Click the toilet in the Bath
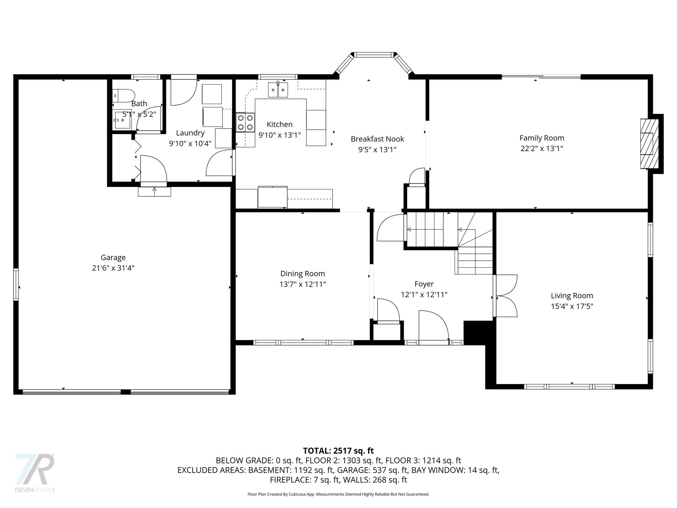tap(123, 95)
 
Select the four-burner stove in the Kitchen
tap(245, 122)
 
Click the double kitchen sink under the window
tap(278, 90)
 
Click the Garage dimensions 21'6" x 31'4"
tap(113, 268)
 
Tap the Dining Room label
tap(302, 274)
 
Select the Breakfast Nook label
tap(377, 139)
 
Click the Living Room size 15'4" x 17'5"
tap(572, 306)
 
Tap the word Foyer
tap(424, 284)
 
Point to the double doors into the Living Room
tap(506, 296)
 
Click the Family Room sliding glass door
tap(541, 77)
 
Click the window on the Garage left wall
tap(16, 284)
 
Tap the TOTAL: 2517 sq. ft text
tap(338, 451)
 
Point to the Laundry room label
tap(190, 133)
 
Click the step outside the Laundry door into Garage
tap(154, 191)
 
